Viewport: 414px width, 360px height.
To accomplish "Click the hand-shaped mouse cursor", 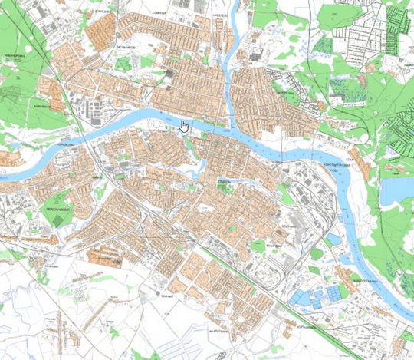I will (x=183, y=126).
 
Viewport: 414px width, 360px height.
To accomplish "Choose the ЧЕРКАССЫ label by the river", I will (x=62, y=143).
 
